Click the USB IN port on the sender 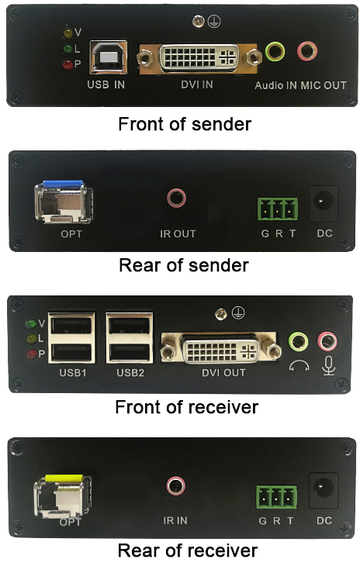pyautogui.click(x=108, y=57)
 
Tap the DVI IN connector pyautogui.click(x=199, y=57)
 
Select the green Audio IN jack pyautogui.click(x=275, y=51)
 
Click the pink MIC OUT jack pyautogui.click(x=306, y=51)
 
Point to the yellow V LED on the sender pyautogui.click(x=67, y=33)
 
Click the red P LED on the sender pyautogui.click(x=67, y=64)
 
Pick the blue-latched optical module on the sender pyautogui.click(x=64, y=201)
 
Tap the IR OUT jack pyautogui.click(x=177, y=198)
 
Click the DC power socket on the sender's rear pyautogui.click(x=324, y=203)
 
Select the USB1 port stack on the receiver pyautogui.click(x=71, y=337)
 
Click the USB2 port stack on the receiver pyautogui.click(x=130, y=337)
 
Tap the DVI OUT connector pyautogui.click(x=221, y=350)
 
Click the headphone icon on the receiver pyautogui.click(x=299, y=366)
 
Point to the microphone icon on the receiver pyautogui.click(x=328, y=365)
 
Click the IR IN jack pyautogui.click(x=176, y=485)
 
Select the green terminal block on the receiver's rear pyautogui.click(x=276, y=497)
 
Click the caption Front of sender pyautogui.click(x=185, y=124)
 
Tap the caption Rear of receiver pyautogui.click(x=188, y=551)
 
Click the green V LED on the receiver pyautogui.click(x=31, y=324)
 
